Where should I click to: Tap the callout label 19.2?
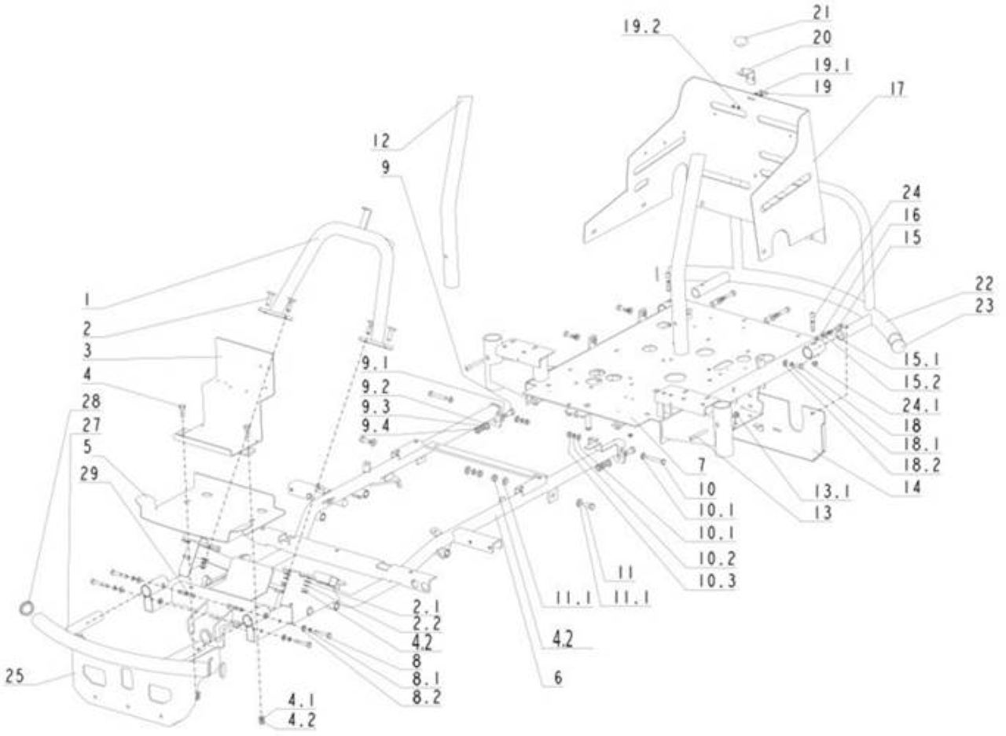click(x=642, y=28)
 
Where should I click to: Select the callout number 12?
click(x=380, y=141)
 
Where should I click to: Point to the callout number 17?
click(x=897, y=89)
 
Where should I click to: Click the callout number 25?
click(x=14, y=675)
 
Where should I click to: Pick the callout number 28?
click(x=91, y=401)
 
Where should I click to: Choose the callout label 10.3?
click(x=718, y=581)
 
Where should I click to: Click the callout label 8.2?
click(x=427, y=697)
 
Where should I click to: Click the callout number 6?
click(x=558, y=678)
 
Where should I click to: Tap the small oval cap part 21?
click(x=741, y=41)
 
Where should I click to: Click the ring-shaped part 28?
click(x=27, y=609)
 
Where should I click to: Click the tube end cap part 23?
click(x=897, y=345)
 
